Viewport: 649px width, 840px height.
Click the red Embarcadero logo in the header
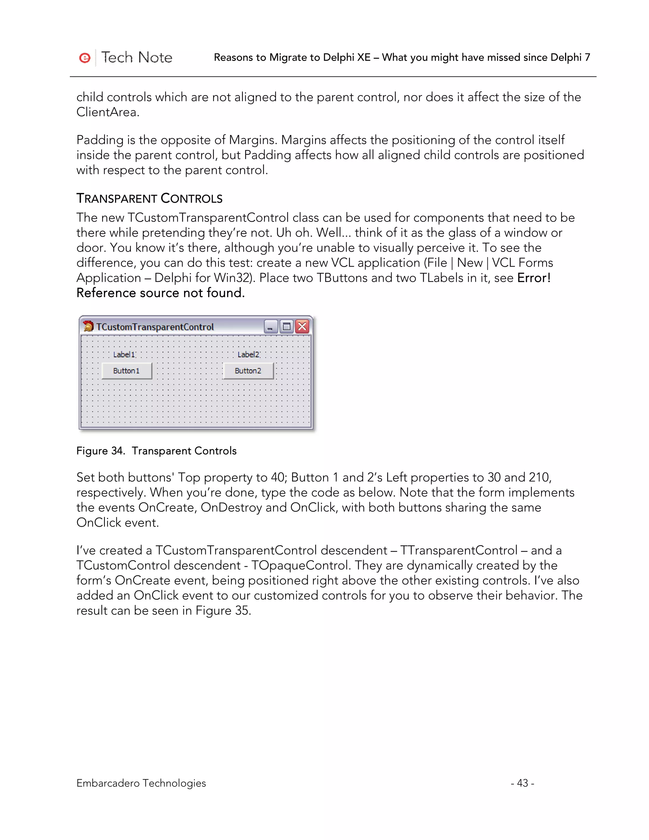pyautogui.click(x=85, y=58)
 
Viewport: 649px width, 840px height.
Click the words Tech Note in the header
pyautogui.click(x=137, y=58)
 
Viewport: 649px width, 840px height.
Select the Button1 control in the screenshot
pyautogui.click(x=126, y=371)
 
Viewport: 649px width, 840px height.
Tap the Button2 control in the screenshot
pyautogui.click(x=248, y=371)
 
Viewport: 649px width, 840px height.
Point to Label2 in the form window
pyautogui.click(x=248, y=355)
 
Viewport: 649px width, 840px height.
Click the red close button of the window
pyautogui.click(x=302, y=326)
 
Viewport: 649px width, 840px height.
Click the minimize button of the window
pyautogui.click(x=271, y=326)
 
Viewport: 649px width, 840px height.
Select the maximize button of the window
pyautogui.click(x=286, y=326)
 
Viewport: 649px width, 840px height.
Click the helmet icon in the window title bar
pyautogui.click(x=88, y=326)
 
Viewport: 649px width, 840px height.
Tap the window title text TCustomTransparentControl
pyautogui.click(x=155, y=327)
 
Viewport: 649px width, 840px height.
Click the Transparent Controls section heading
pyautogui.click(x=149, y=198)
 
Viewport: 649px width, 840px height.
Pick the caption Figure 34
pyautogui.click(x=101, y=451)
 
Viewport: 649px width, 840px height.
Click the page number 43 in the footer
pyautogui.click(x=522, y=783)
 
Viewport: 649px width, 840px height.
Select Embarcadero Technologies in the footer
pyautogui.click(x=141, y=783)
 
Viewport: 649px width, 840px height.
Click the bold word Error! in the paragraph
pyautogui.click(x=534, y=278)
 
